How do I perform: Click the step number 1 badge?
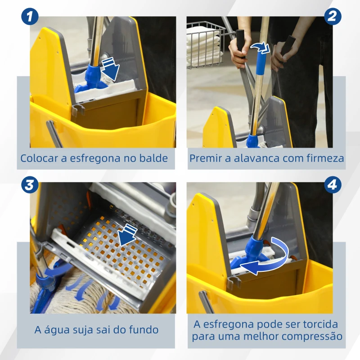click(x=30, y=17)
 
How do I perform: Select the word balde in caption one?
click(x=155, y=158)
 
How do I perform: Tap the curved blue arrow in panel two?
click(x=260, y=48)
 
